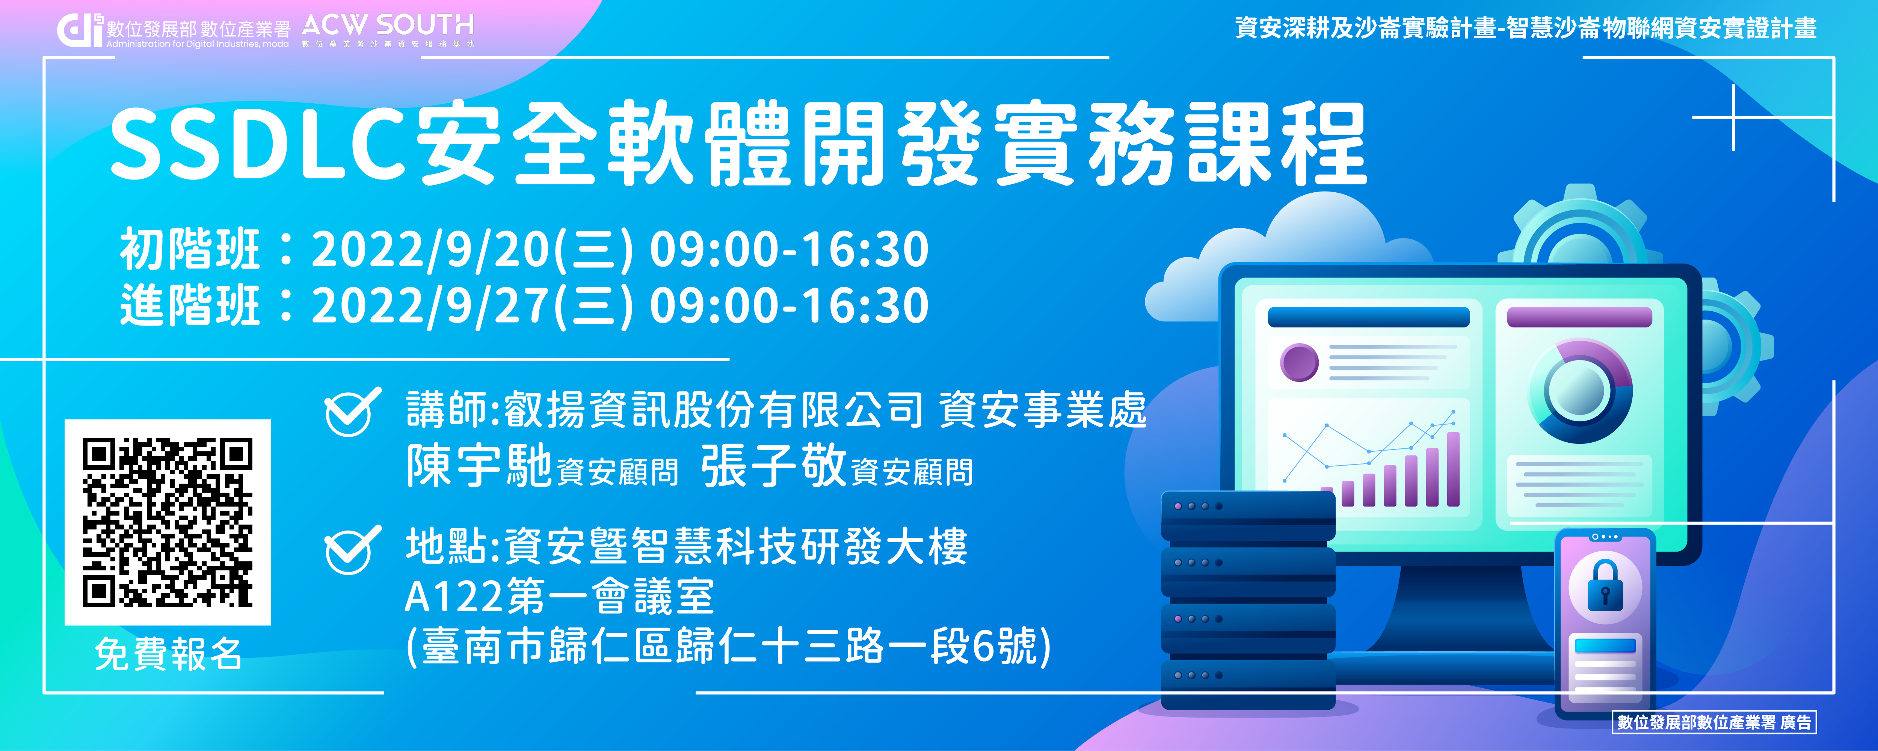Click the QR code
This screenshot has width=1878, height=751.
168,522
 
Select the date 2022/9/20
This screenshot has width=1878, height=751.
430,250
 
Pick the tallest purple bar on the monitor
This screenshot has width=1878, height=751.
1453,469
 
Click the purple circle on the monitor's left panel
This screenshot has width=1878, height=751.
1300,362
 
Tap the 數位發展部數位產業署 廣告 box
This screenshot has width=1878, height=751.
1713,722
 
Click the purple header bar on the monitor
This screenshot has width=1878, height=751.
1579,317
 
